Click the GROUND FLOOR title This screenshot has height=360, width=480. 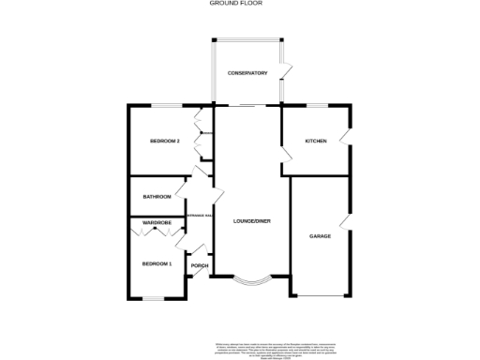point(239,4)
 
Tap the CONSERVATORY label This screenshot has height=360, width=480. point(247,73)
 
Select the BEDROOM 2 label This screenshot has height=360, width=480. point(165,142)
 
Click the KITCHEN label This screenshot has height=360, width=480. point(316,142)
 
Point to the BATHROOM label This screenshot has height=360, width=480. point(157,197)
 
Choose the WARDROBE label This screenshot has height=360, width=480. point(157,222)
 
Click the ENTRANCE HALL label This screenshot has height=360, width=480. point(201,216)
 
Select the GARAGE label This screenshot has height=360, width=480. point(321,236)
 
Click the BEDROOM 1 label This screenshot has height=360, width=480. point(157,264)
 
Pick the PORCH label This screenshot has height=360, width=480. point(200,265)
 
